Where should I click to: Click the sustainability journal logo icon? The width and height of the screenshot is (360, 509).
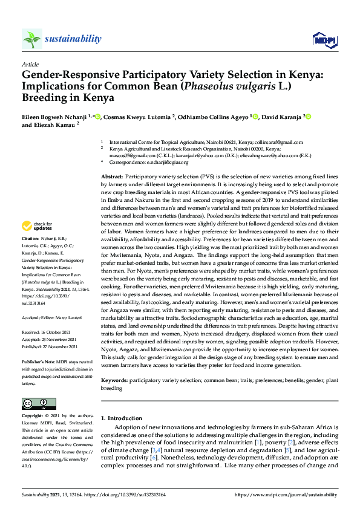pyautogui.click(x=32, y=39)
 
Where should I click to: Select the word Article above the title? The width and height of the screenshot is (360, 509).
pyautogui.click(x=30, y=64)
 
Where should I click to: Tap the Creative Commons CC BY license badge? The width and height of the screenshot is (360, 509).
pyautogui.click(x=39, y=403)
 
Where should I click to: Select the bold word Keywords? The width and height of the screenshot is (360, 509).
pyautogui.click(x=114, y=380)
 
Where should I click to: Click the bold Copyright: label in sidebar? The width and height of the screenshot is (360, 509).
pyautogui.click(x=33, y=417)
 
